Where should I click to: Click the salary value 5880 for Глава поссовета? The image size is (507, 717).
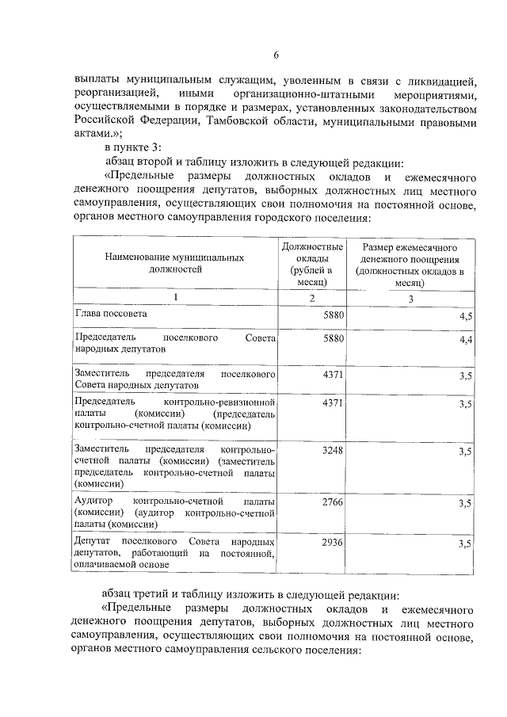point(335,315)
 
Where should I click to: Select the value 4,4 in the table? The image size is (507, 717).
point(466,340)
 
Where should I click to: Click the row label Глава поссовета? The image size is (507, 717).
point(110,315)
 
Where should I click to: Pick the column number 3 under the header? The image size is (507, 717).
point(410,299)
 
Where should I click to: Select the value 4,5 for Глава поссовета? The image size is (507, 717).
point(466,316)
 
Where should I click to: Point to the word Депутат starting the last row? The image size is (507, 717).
point(93,542)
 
